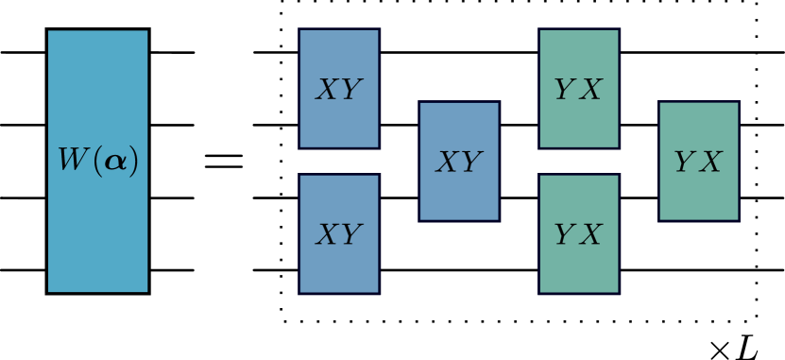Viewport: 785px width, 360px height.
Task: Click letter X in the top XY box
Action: [x=327, y=90]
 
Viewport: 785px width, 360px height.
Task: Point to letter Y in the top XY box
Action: [x=350, y=90]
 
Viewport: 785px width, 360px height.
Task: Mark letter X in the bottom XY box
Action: [x=327, y=234]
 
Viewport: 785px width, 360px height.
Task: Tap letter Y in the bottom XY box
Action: [x=350, y=234]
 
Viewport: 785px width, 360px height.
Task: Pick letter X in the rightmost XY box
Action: [x=447, y=163]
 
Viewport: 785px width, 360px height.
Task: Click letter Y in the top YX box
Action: [x=565, y=90]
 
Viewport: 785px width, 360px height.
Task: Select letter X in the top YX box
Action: [x=590, y=90]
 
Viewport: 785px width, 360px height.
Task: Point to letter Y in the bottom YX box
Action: [x=565, y=234]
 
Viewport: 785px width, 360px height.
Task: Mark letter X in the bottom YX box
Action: [x=590, y=234]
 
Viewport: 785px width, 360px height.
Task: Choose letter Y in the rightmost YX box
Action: [x=685, y=163]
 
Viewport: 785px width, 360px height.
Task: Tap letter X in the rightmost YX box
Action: [x=710, y=163]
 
